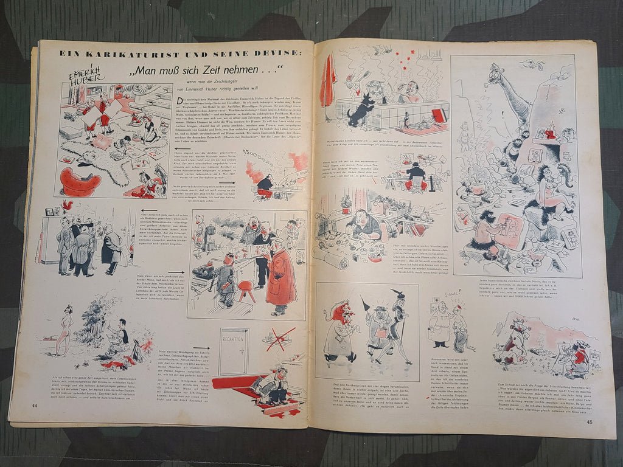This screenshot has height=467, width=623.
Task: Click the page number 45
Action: tap(589, 421)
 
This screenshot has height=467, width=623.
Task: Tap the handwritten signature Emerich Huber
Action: tap(91, 72)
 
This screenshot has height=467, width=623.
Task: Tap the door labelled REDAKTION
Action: tap(234, 352)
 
